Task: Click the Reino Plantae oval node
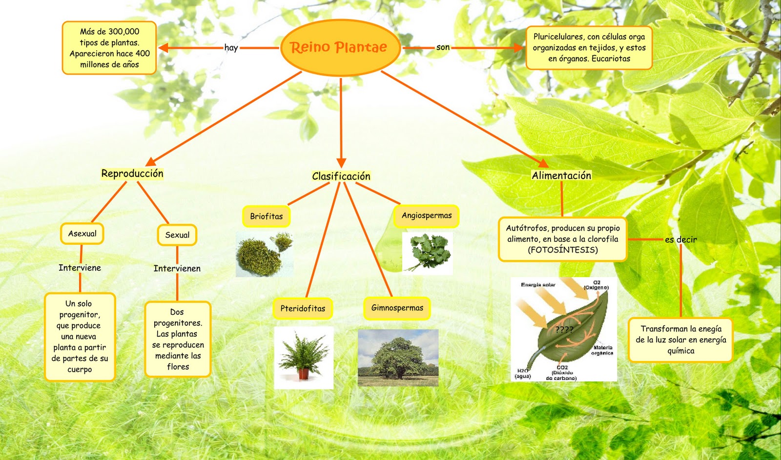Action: (x=340, y=47)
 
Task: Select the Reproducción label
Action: (x=132, y=174)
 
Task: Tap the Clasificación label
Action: (x=341, y=176)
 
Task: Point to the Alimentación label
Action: (x=561, y=176)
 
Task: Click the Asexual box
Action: (x=82, y=234)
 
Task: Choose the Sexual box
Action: (x=177, y=235)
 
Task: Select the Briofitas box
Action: (x=267, y=217)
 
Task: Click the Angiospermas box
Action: (x=427, y=216)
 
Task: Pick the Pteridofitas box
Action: (x=303, y=308)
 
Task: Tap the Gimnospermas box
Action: (x=397, y=308)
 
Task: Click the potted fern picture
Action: (x=304, y=358)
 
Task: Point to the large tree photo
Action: (x=398, y=358)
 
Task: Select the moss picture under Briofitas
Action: (x=265, y=254)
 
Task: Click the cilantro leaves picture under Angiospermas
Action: (x=428, y=252)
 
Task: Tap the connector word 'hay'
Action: (x=231, y=48)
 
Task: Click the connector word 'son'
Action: (x=443, y=47)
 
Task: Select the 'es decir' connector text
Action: (x=680, y=240)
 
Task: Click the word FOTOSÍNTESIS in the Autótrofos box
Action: (x=562, y=250)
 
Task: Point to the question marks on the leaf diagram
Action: (x=564, y=329)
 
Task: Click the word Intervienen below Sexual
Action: (x=177, y=268)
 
